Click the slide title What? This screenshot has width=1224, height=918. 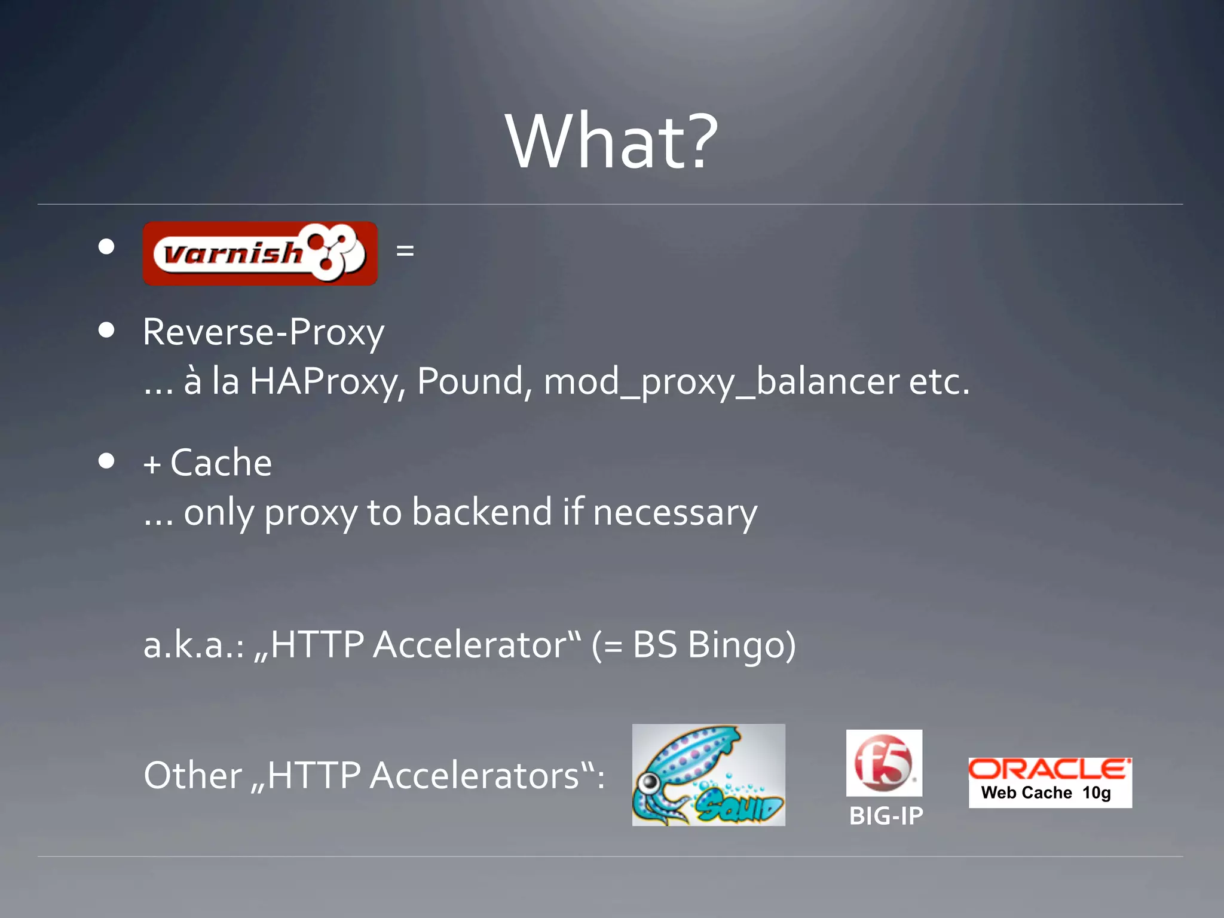click(611, 142)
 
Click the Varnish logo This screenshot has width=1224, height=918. click(260, 253)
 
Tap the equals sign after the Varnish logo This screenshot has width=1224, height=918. click(405, 250)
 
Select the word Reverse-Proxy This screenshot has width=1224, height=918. click(263, 332)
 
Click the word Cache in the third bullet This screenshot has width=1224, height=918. click(221, 463)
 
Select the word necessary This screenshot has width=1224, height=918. click(675, 513)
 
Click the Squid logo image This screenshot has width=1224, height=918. click(708, 775)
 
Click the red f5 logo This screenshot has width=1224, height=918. click(883, 762)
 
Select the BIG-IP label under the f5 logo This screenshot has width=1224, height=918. click(886, 816)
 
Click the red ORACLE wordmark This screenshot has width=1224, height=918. click(1049, 769)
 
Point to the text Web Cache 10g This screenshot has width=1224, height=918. click(1045, 793)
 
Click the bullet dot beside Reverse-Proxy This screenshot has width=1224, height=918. click(106, 331)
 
